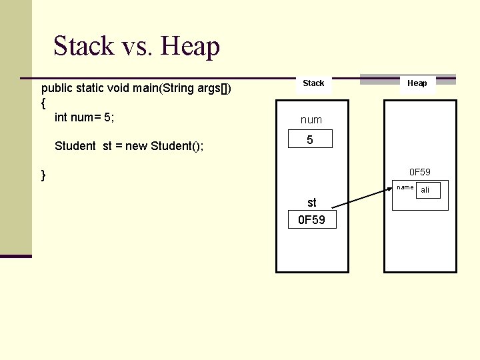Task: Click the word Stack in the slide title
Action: click(x=83, y=47)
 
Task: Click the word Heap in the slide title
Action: click(x=190, y=47)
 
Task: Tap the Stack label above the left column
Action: click(x=313, y=83)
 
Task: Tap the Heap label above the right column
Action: click(x=417, y=83)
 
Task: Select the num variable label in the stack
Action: click(x=311, y=120)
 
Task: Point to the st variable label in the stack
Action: click(x=311, y=203)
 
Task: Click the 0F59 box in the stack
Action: click(x=311, y=220)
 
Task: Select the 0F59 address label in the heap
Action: click(x=419, y=172)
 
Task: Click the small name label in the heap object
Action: click(x=405, y=187)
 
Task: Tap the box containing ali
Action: click(x=427, y=190)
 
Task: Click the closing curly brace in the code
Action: click(x=43, y=175)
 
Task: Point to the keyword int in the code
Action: click(x=61, y=117)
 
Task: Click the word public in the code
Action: click(x=56, y=88)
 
